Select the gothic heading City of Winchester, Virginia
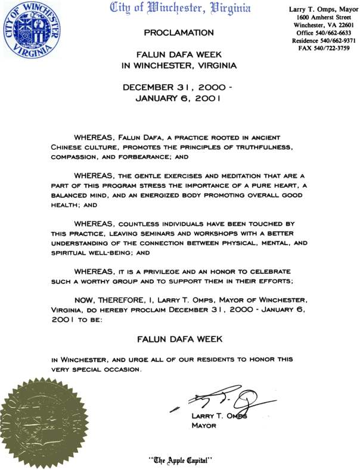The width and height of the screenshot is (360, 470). (180, 8)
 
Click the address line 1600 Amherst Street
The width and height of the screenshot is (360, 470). (322, 17)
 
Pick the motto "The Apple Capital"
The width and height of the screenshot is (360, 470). (180, 460)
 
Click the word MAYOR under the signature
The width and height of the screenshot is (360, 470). (203, 426)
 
